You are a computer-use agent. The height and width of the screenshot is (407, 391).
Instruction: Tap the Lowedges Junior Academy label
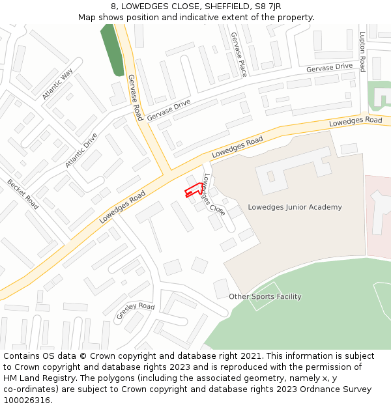click(x=295, y=207)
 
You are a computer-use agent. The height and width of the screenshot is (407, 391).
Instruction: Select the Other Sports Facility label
click(x=265, y=296)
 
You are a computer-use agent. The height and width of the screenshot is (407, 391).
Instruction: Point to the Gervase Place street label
click(x=239, y=54)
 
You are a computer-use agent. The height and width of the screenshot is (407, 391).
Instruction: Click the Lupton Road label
click(x=362, y=51)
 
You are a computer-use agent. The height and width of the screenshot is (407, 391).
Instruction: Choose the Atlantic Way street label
click(x=57, y=85)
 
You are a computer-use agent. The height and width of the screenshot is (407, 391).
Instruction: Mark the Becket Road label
click(x=23, y=194)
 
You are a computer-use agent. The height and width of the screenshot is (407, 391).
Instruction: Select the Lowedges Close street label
click(x=214, y=195)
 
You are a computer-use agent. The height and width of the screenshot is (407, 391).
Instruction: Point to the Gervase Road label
click(x=135, y=97)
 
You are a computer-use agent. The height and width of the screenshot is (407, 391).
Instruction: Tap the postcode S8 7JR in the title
click(x=267, y=7)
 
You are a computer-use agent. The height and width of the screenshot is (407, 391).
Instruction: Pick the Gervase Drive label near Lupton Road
click(x=329, y=68)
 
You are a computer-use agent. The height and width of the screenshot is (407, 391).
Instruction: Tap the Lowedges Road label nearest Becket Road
click(x=122, y=208)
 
